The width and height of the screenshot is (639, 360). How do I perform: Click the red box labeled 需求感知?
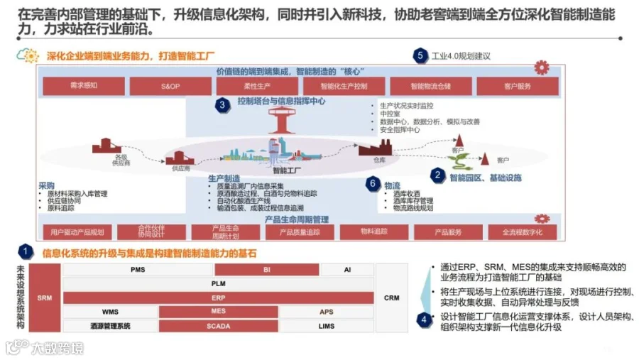click(84, 86)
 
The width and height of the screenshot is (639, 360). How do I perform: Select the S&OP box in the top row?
click(170, 86)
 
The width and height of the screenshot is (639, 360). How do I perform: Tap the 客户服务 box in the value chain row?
click(518, 86)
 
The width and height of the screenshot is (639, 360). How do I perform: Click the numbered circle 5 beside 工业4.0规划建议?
click(420, 55)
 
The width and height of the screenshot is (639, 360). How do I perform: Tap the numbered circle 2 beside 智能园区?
click(438, 175)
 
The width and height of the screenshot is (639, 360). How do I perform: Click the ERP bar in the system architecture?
click(218, 298)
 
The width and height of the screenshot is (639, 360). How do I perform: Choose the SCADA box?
click(218, 326)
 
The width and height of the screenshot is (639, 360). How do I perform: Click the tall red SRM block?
click(45, 298)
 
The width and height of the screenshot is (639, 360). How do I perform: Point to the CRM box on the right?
click(391, 298)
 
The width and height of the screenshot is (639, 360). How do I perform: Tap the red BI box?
click(266, 270)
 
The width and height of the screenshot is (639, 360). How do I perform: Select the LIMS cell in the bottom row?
click(327, 326)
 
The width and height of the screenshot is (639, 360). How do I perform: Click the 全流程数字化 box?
click(522, 232)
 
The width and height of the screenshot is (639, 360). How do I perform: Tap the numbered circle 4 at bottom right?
click(424, 319)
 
